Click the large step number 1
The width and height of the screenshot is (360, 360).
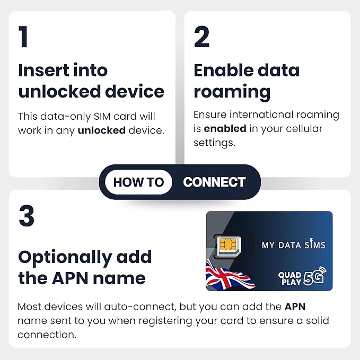pyautogui.click(x=23, y=37)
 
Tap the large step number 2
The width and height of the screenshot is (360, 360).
pyautogui.click(x=201, y=37)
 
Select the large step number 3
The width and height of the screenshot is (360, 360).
pyautogui.click(x=27, y=216)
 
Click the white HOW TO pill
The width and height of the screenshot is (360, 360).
pyautogui.click(x=138, y=182)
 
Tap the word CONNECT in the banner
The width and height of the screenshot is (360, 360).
pyautogui.click(x=214, y=182)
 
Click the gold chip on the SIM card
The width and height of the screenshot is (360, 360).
pyautogui.click(x=227, y=244)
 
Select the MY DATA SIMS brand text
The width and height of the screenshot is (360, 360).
pyautogui.click(x=293, y=244)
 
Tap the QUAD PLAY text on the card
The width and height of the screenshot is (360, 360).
pyautogui.click(x=289, y=278)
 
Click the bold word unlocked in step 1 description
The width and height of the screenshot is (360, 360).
pyautogui.click(x=102, y=130)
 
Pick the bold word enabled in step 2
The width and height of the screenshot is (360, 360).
pyautogui.click(x=225, y=128)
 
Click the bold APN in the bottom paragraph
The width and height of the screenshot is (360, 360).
pyautogui.click(x=295, y=306)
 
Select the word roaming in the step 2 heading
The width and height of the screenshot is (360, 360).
pyautogui.click(x=232, y=92)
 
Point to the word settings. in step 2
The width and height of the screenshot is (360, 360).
pyautogui.click(x=214, y=143)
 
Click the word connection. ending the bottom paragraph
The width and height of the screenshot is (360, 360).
pyautogui.click(x=47, y=335)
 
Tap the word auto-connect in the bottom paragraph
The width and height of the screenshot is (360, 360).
pyautogui.click(x=141, y=307)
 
